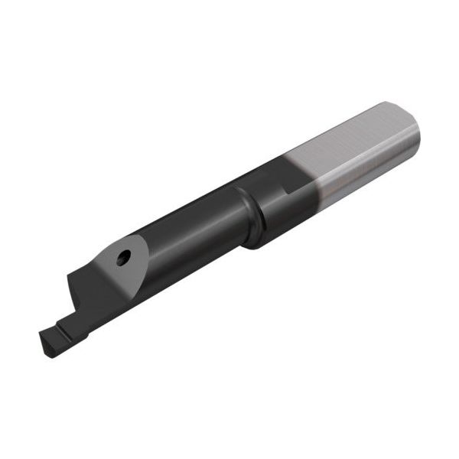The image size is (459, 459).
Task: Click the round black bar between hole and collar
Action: (184, 237)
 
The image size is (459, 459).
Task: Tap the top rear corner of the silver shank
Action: (386, 104)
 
